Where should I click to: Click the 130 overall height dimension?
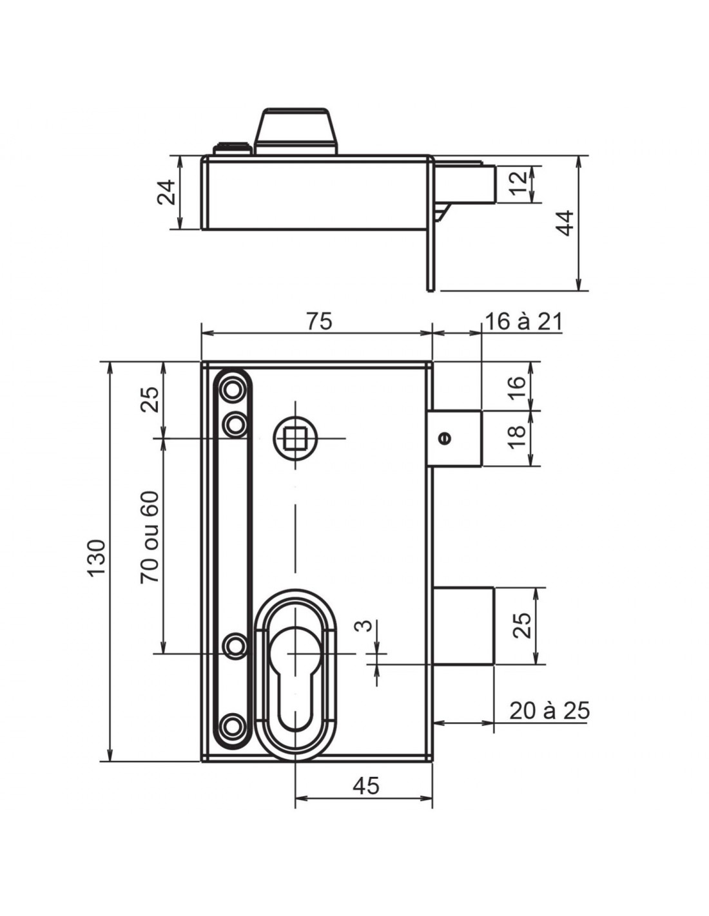(x=97, y=557)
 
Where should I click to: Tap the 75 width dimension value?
(x=319, y=321)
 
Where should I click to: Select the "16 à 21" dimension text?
(x=523, y=323)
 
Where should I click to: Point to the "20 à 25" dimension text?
(x=549, y=711)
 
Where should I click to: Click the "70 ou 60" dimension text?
(x=150, y=537)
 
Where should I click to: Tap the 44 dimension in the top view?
(x=565, y=223)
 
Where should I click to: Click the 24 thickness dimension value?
(x=166, y=192)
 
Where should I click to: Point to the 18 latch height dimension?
(x=517, y=438)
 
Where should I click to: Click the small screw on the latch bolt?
(x=445, y=437)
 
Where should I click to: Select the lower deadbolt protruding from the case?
(x=463, y=625)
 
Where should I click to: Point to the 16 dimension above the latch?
(x=517, y=386)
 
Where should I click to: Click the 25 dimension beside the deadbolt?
(x=521, y=625)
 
